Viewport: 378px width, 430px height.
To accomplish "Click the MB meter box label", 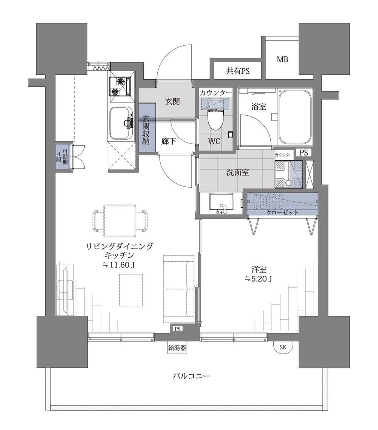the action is [282, 59].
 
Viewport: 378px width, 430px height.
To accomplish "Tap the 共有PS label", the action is [238, 71].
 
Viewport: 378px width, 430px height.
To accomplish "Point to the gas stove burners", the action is [120, 86].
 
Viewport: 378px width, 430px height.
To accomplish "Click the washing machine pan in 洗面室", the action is [289, 174].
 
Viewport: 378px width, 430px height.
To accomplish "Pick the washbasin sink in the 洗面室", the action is [222, 203].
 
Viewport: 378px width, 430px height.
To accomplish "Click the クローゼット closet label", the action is [282, 213].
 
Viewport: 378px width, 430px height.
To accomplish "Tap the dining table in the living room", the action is [120, 220].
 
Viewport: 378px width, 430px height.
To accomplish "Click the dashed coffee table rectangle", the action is [131, 290].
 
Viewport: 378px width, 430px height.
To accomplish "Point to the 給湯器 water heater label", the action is [177, 348].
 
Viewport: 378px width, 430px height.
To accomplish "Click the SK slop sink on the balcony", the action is [283, 347].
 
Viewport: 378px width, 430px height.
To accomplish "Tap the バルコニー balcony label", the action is [191, 376].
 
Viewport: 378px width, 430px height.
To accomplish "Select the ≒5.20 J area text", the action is [258, 279].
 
